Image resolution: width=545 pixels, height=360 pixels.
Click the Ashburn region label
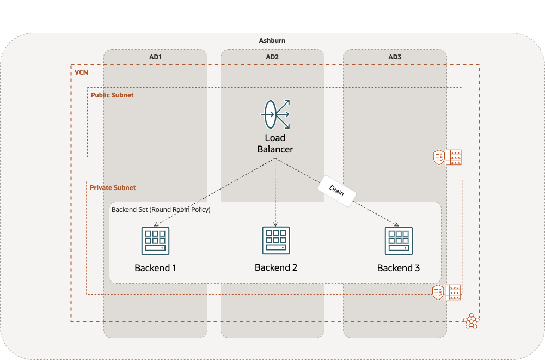[x=272, y=41]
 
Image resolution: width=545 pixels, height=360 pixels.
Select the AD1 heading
[x=155, y=57]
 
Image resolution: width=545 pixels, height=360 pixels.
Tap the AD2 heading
[x=272, y=57]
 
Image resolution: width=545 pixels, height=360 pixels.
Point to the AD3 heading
[x=395, y=57]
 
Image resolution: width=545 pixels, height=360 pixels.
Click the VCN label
[x=81, y=72]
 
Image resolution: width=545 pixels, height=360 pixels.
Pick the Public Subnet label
[x=112, y=95]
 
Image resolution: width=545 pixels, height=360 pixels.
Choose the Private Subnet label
[x=113, y=187]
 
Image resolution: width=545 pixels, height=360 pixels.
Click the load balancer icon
[x=275, y=114]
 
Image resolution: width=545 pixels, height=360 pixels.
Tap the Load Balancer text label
[x=275, y=144]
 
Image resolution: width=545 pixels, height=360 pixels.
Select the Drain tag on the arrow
[x=336, y=191]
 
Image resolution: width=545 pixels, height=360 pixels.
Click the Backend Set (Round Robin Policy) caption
[x=161, y=209]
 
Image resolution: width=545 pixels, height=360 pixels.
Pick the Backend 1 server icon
[x=155, y=240]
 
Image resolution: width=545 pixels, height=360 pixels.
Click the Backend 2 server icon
[x=275, y=240]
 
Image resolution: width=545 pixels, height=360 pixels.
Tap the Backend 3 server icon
[x=399, y=240]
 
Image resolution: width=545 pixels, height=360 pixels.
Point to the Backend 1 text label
[x=155, y=268]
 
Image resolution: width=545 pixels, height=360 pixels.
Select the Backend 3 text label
[x=399, y=268]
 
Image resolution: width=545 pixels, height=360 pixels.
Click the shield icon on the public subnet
[x=438, y=157]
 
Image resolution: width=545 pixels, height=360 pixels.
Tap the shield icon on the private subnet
[x=438, y=292]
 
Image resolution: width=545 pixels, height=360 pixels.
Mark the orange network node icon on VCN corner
[x=470, y=321]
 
